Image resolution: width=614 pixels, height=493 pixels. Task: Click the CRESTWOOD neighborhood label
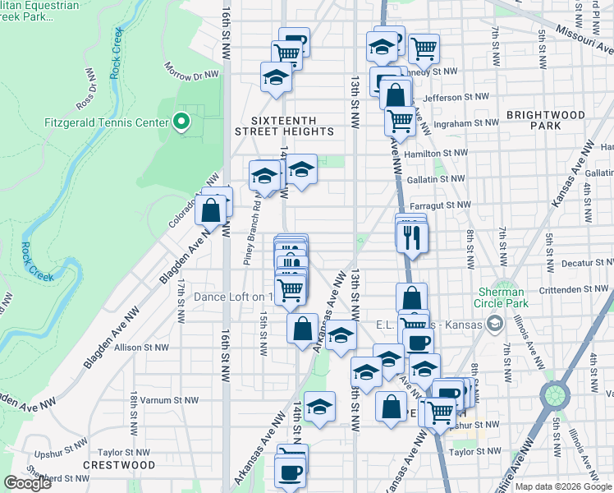[119, 465]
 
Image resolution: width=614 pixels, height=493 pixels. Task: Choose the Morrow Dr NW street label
[191, 71]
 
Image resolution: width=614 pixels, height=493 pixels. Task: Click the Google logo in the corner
[27, 483]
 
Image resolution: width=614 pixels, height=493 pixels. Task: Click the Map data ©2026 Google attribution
[563, 486]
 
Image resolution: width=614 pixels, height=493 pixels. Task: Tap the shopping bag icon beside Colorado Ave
[211, 210]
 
